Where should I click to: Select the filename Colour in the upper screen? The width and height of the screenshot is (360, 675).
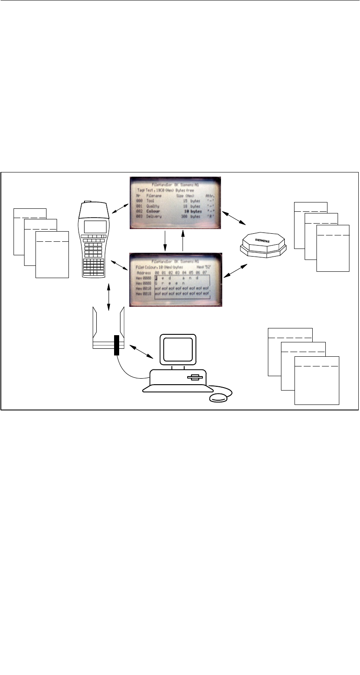(x=153, y=211)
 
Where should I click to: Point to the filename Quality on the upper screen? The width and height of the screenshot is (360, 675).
(x=153, y=206)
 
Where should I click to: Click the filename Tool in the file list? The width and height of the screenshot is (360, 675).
(x=150, y=201)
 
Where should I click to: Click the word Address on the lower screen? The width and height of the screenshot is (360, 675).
(x=144, y=273)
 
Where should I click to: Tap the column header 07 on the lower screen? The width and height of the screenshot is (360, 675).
(x=205, y=273)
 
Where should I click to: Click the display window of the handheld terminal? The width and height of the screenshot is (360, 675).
(x=95, y=227)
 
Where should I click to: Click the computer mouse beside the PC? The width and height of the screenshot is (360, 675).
(x=220, y=398)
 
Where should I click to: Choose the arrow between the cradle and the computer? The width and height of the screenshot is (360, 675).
(x=142, y=352)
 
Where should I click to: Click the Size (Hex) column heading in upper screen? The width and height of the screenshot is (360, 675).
(x=185, y=196)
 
